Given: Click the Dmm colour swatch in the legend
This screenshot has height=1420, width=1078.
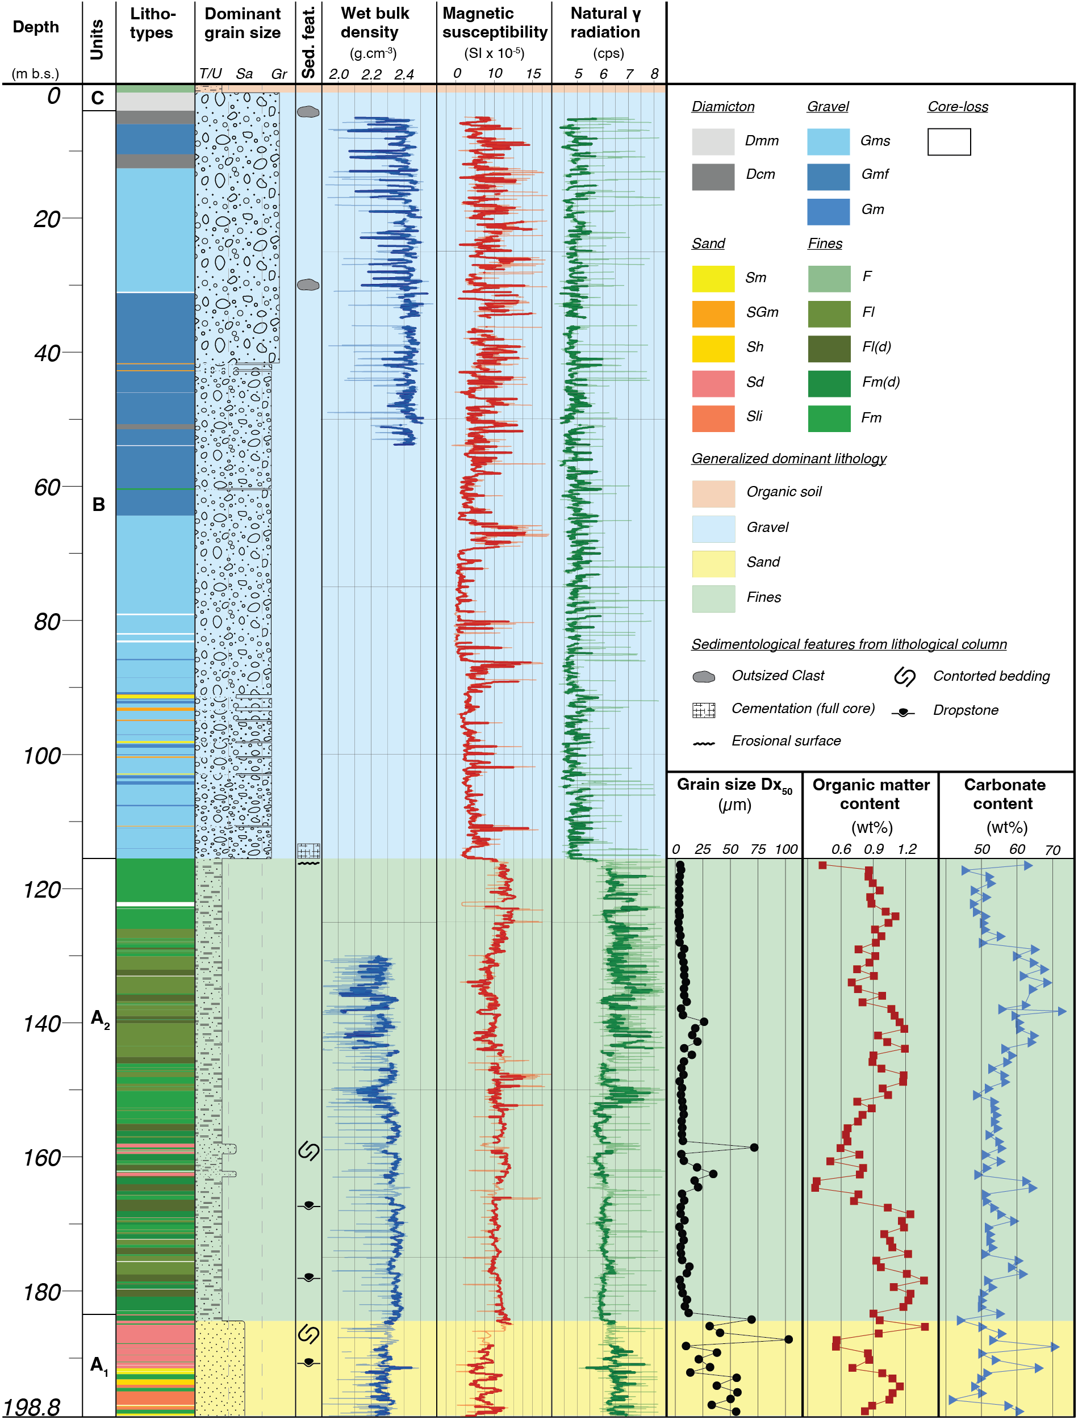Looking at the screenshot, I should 713,141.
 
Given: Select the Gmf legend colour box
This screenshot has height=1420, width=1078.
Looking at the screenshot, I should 828,177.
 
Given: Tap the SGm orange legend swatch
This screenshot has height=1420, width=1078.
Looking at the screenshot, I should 713,313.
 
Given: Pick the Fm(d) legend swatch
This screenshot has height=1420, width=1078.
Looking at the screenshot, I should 829,383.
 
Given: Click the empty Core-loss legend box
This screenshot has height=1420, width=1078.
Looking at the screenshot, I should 949,141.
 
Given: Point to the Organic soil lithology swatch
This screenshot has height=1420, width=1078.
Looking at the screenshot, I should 713,493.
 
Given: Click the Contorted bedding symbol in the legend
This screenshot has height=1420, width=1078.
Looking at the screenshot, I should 904,676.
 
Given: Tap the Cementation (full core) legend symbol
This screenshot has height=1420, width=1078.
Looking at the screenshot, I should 704,710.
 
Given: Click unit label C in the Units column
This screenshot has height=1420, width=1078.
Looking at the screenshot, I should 98,98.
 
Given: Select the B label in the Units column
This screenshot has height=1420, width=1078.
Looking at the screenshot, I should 98,504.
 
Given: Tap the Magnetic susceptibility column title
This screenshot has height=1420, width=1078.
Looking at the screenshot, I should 494,23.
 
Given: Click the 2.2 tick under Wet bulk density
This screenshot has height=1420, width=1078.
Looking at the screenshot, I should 371,74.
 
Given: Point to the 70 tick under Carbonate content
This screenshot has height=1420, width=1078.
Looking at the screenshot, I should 1052,850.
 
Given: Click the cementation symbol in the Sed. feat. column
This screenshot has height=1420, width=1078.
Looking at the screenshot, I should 308,851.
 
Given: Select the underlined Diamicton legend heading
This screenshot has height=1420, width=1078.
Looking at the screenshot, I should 722,107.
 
